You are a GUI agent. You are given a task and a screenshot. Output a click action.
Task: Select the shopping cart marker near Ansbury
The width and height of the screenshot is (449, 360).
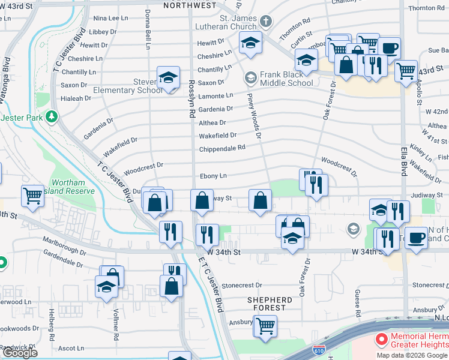[x=265, y=326]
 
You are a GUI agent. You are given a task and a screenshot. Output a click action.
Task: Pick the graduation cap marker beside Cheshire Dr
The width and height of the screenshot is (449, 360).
[x=250, y=43]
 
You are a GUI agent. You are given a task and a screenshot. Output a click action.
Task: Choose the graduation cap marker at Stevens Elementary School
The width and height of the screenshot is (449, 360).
[x=168, y=77]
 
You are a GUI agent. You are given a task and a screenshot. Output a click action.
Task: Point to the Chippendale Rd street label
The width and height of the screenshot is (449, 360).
[x=222, y=148]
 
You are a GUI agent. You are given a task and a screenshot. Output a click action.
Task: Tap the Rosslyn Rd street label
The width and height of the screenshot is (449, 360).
[x=192, y=99]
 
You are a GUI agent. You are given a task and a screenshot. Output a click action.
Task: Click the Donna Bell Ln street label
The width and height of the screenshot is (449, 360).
[x=148, y=29]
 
